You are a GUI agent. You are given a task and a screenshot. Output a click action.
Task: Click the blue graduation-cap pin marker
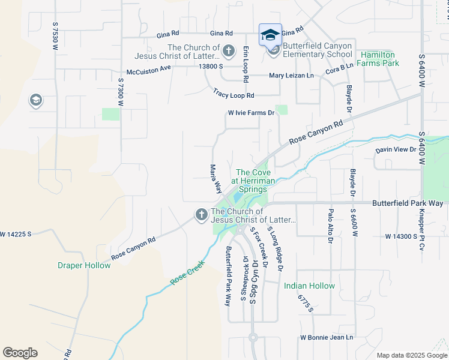click(270, 34)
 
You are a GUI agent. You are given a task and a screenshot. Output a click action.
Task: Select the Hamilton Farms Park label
click(379, 58)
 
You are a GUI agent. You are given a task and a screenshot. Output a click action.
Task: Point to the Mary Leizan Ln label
click(292, 76)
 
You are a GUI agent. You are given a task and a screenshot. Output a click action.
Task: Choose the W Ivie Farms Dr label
click(251, 113)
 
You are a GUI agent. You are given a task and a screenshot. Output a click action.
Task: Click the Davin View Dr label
click(396, 149)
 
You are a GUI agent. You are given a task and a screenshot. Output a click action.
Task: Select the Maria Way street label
click(215, 179)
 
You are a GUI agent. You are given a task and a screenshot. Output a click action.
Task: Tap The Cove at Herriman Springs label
click(252, 181)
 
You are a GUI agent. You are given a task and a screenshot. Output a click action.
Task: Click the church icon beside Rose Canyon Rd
click(201, 214)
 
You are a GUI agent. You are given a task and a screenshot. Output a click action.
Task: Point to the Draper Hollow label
click(84, 265)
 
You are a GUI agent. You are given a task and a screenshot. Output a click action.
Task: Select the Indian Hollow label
click(309, 286)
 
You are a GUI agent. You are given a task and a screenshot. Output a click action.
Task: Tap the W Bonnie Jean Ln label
click(327, 338)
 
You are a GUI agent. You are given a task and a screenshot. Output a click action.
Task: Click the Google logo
click(20, 352)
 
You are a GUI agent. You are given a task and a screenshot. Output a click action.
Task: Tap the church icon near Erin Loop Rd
click(229, 50)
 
